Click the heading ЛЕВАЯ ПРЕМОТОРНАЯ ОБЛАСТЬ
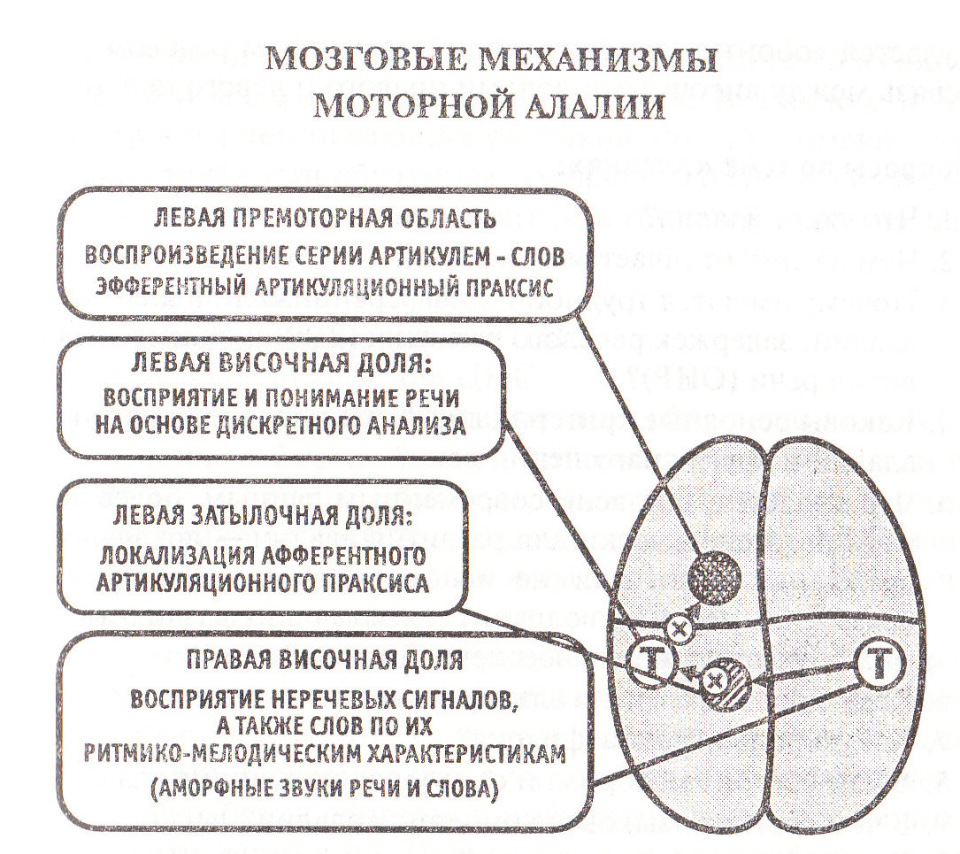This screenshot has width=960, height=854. tap(325, 219)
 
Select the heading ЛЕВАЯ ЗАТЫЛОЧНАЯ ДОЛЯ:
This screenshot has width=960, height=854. tap(264, 516)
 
